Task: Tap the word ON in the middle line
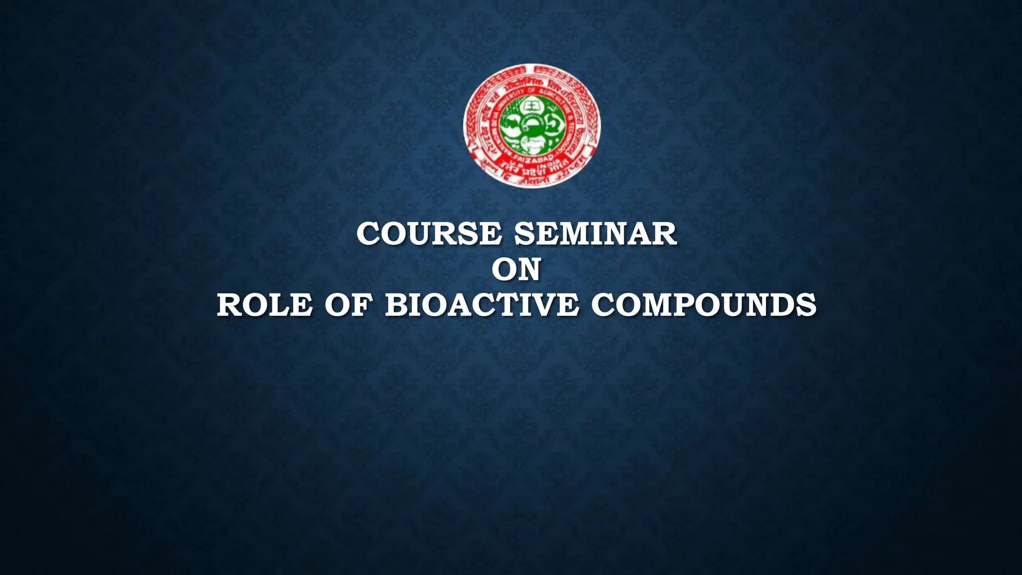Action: click(516, 270)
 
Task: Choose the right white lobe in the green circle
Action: click(552, 125)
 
